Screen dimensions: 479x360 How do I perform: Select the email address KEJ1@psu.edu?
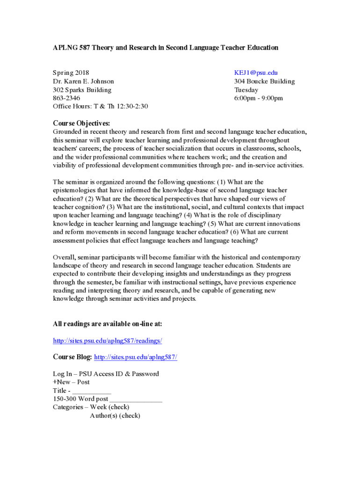click(256, 73)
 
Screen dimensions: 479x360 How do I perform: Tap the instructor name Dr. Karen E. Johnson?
click(83, 81)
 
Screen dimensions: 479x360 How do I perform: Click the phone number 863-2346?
click(66, 98)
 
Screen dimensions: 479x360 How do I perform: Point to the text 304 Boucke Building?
click(264, 81)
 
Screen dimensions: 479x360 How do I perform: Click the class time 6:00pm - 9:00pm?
click(258, 98)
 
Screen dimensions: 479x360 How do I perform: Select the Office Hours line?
click(100, 107)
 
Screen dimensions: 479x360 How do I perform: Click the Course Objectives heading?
click(81, 123)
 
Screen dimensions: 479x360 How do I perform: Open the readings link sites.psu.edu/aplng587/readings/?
click(108, 341)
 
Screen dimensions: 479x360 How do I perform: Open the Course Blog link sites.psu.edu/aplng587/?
click(136, 357)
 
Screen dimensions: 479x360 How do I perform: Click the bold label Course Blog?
click(72, 357)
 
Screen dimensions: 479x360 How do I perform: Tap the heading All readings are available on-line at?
click(108, 324)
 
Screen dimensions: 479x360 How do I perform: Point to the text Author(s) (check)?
click(115, 416)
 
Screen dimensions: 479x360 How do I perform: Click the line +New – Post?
click(71, 382)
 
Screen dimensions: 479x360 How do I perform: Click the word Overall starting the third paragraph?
click(64, 257)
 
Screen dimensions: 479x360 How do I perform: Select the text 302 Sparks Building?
click(82, 90)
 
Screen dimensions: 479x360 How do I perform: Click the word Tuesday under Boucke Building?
click(246, 90)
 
